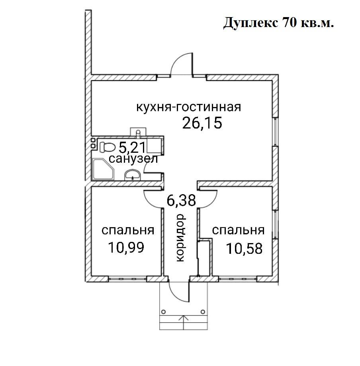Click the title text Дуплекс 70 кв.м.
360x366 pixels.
[x=278, y=23]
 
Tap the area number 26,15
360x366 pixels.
[x=202, y=123]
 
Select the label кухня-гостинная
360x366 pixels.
[x=189, y=107]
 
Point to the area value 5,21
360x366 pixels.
[x=132, y=148]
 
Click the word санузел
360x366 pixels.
[x=133, y=160]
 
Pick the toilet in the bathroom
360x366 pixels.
[x=106, y=146]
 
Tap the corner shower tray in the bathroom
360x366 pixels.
[x=103, y=170]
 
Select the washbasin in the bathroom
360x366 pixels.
[x=132, y=174]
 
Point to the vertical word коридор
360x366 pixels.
[x=180, y=238]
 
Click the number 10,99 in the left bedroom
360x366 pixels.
[x=125, y=247]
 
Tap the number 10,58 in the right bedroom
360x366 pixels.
[x=244, y=248]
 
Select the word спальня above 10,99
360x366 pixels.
[x=128, y=230]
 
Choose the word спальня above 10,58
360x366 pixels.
[x=238, y=230]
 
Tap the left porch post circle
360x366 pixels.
[x=163, y=311]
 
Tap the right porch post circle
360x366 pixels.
[x=203, y=311]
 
